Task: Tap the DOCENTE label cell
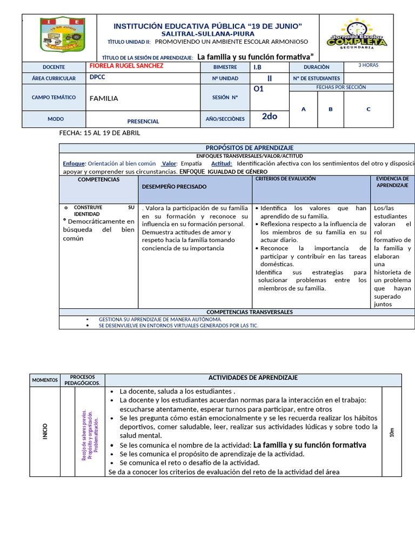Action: click(53, 67)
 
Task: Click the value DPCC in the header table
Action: click(98, 78)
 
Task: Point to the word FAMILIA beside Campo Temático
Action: click(104, 98)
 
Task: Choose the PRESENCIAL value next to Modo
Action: click(143, 122)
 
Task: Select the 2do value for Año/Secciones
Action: click(270, 116)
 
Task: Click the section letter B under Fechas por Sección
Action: click(331, 109)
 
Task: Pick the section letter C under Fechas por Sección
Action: click(369, 109)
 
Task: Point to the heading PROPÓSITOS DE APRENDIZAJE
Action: click(249, 148)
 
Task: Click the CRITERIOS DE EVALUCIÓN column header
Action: click(285, 178)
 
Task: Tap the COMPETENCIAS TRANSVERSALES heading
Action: click(249, 312)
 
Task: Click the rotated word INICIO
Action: click(45, 431)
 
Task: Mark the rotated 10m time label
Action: click(392, 431)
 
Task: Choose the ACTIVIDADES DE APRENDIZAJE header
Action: click(253, 378)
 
